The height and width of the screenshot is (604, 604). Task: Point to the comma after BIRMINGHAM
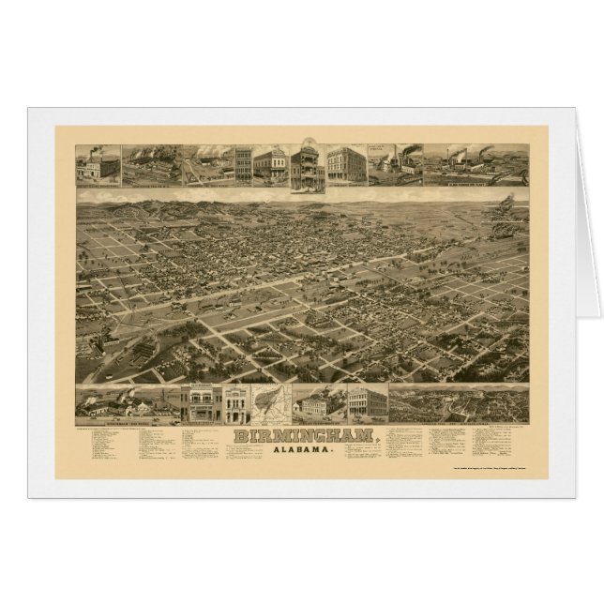378,439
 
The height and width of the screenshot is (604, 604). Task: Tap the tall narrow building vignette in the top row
243,165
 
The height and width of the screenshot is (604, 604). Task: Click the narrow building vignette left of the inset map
234,404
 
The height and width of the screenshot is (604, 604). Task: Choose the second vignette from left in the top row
149,165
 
